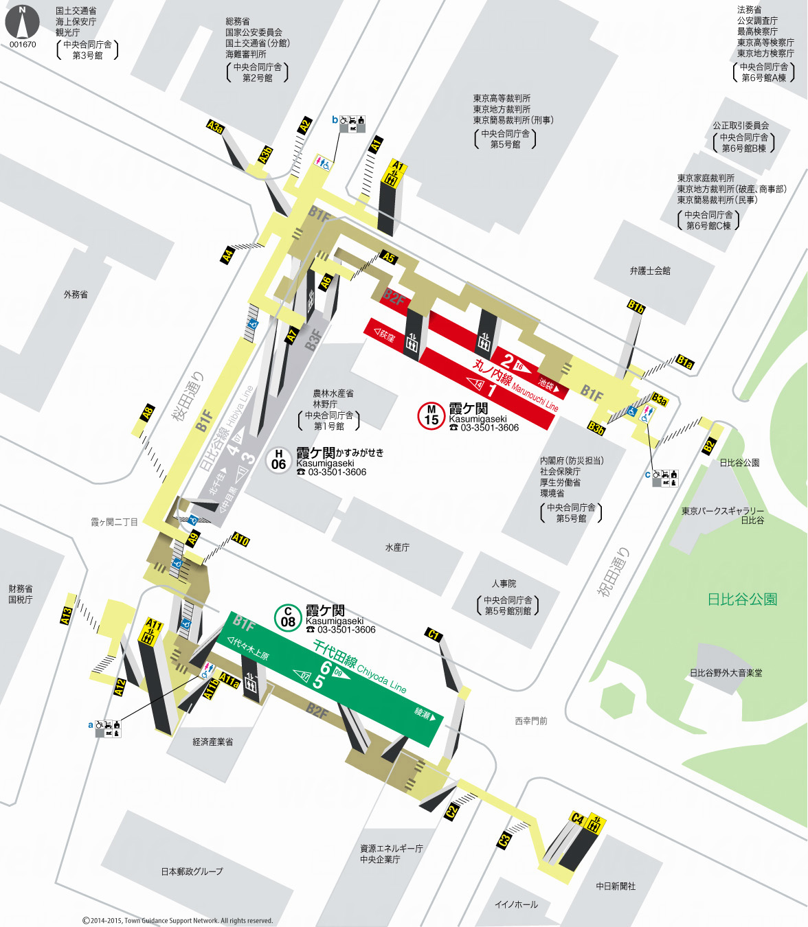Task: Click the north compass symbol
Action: point(23,22)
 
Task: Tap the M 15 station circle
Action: point(431,415)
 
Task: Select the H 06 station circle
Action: point(278,459)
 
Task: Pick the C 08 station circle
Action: point(288,617)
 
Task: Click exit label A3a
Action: point(216,127)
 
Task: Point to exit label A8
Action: point(148,413)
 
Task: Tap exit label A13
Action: point(67,615)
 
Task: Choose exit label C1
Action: point(434,634)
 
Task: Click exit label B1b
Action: point(636,307)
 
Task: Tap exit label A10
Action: point(240,540)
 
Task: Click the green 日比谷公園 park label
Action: point(742,599)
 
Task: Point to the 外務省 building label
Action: point(76,295)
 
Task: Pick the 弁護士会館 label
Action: point(650,271)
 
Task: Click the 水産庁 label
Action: point(397,547)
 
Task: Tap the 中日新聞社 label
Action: point(616,886)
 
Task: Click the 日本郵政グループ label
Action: point(192,871)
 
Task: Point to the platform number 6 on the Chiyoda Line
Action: point(326,668)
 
